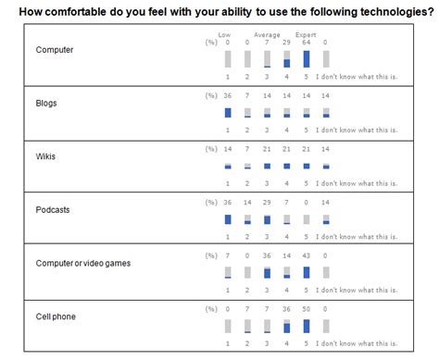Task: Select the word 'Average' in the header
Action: click(x=267, y=34)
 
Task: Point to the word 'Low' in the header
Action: click(x=224, y=34)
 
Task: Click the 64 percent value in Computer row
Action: click(x=306, y=43)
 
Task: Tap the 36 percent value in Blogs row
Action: click(x=228, y=96)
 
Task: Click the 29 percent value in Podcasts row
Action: click(x=267, y=203)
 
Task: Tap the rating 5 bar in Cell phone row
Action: click(x=306, y=327)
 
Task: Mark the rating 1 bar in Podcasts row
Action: click(x=228, y=219)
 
